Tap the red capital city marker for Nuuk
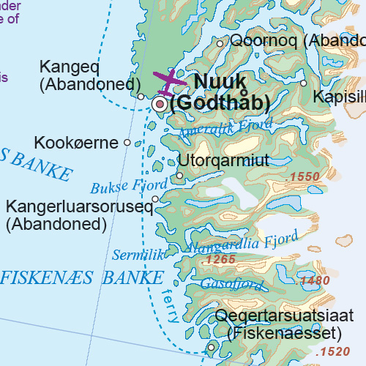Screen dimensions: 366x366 (x=160, y=105)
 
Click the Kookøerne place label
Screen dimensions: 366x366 (x=78, y=142)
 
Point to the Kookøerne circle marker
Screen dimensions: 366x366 (x=127, y=143)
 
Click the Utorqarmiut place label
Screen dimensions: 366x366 (x=223, y=160)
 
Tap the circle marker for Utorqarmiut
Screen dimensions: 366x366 (x=180, y=176)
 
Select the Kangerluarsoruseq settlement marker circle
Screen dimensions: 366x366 (x=155, y=199)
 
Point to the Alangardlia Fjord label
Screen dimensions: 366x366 (x=242, y=242)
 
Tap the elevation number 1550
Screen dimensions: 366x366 (x=304, y=177)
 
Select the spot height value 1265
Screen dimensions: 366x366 (x=220, y=260)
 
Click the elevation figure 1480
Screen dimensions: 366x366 (x=315, y=280)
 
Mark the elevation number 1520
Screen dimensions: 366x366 (x=335, y=352)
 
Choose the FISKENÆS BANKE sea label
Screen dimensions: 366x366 (x=82, y=278)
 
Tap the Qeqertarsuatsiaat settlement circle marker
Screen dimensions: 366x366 (x=212, y=348)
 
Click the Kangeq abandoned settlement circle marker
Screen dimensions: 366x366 (x=141, y=96)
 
